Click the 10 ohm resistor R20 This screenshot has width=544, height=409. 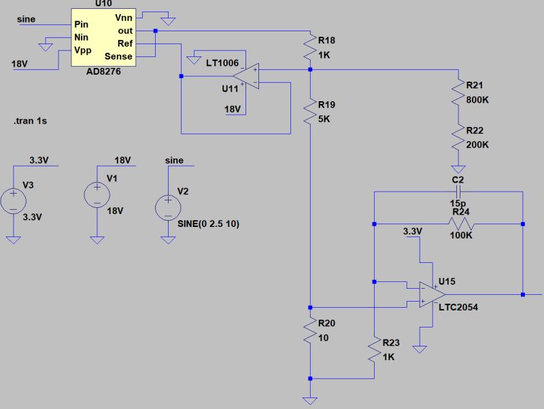[309, 331]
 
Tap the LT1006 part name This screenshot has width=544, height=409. [222, 63]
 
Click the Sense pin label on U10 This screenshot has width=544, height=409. [118, 56]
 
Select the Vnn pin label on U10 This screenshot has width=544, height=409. [123, 18]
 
